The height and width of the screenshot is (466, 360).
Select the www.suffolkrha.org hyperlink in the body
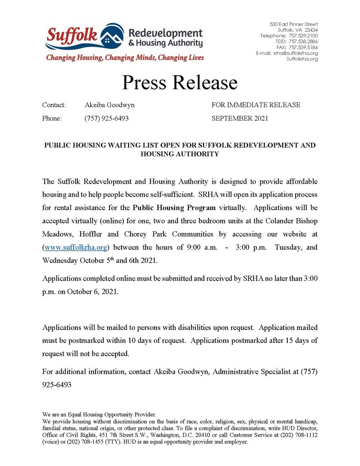click(x=72, y=247)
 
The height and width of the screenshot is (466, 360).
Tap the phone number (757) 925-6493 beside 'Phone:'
click(x=107, y=118)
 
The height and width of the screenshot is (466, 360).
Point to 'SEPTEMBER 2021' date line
click(x=239, y=118)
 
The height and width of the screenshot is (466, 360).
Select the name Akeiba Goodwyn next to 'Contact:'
click(x=109, y=105)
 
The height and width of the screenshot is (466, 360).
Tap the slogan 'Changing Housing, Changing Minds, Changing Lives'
click(x=124, y=58)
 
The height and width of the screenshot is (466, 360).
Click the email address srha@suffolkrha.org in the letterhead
click(x=295, y=53)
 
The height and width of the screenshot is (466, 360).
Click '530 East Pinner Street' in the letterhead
click(x=294, y=24)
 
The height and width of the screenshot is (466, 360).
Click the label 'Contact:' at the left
click(x=54, y=105)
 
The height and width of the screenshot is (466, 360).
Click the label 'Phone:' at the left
click(x=52, y=118)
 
